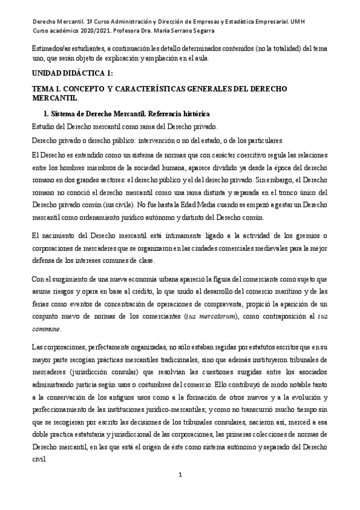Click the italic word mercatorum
click(218, 316)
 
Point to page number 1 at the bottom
click(180, 492)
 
